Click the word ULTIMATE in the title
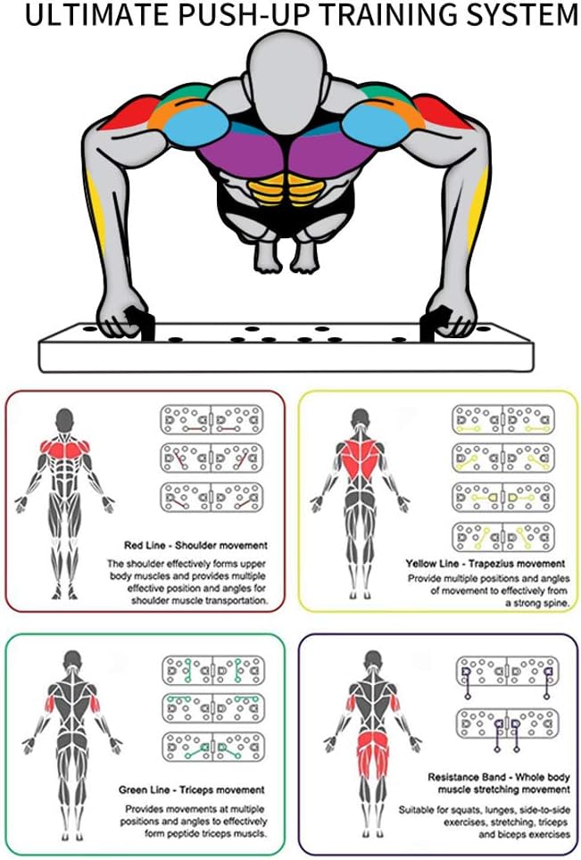[x=86, y=15]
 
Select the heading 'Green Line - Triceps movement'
[x=191, y=790]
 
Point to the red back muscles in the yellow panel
[x=360, y=459]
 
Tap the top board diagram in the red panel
[x=212, y=419]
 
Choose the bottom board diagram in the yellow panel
[x=502, y=536]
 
